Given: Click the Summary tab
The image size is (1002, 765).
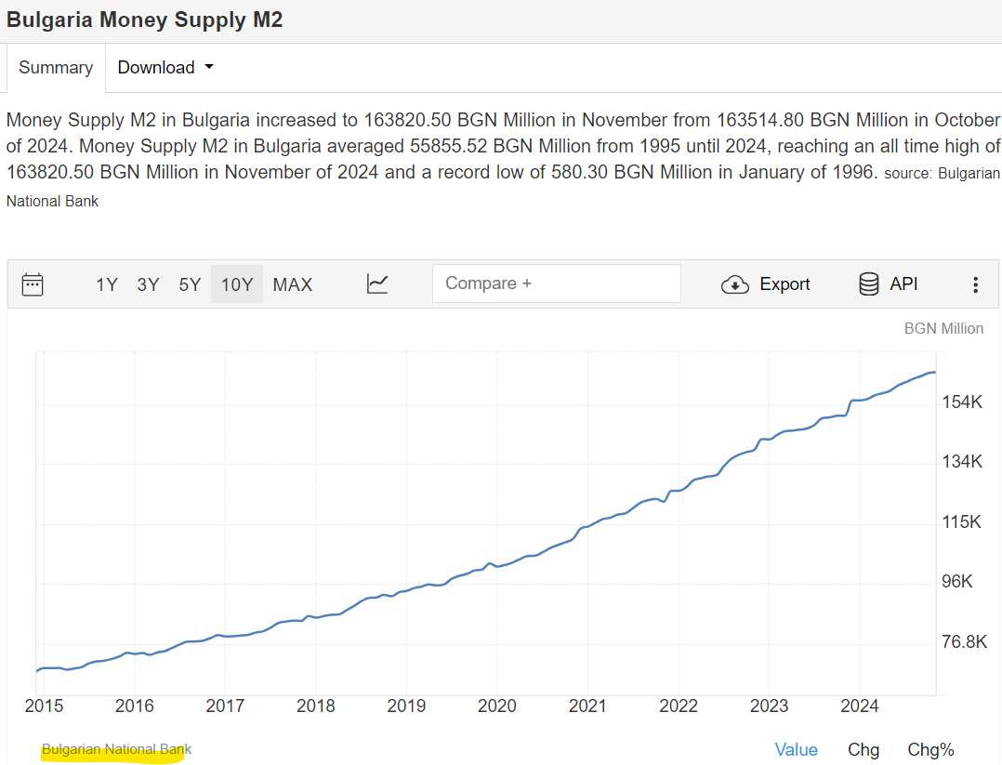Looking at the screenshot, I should pos(56,68).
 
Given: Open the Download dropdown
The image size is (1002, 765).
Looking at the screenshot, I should pos(165,68).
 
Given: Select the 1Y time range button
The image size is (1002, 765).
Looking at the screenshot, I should pos(107,284).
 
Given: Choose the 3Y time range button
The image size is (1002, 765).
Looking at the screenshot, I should pos(148,284).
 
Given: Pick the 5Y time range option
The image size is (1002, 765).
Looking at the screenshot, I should pos(190,284).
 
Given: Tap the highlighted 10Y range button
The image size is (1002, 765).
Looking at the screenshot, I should pos(237,284).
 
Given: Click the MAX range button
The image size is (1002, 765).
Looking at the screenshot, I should pos(293,284).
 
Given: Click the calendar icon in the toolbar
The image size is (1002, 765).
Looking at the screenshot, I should pos(33,284).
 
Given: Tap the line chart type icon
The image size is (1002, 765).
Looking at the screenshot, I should pos(377,284).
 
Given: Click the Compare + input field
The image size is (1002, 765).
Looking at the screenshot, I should pos(556,284).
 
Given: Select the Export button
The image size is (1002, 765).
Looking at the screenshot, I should pos(766,284).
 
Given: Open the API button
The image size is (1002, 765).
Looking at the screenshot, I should pos(889,284).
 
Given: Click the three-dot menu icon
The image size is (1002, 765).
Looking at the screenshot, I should pos(975,284).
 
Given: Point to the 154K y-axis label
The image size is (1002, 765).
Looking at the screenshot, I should pos(962,402).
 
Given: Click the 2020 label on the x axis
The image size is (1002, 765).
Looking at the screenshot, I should pos(496,706).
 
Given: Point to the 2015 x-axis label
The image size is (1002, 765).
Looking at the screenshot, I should pos(44,706).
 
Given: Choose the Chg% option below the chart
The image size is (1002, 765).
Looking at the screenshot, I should pos(930,750).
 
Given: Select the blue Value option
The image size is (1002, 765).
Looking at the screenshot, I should pos(797,750).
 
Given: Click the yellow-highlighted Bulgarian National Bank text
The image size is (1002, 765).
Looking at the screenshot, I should pos(116,749).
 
